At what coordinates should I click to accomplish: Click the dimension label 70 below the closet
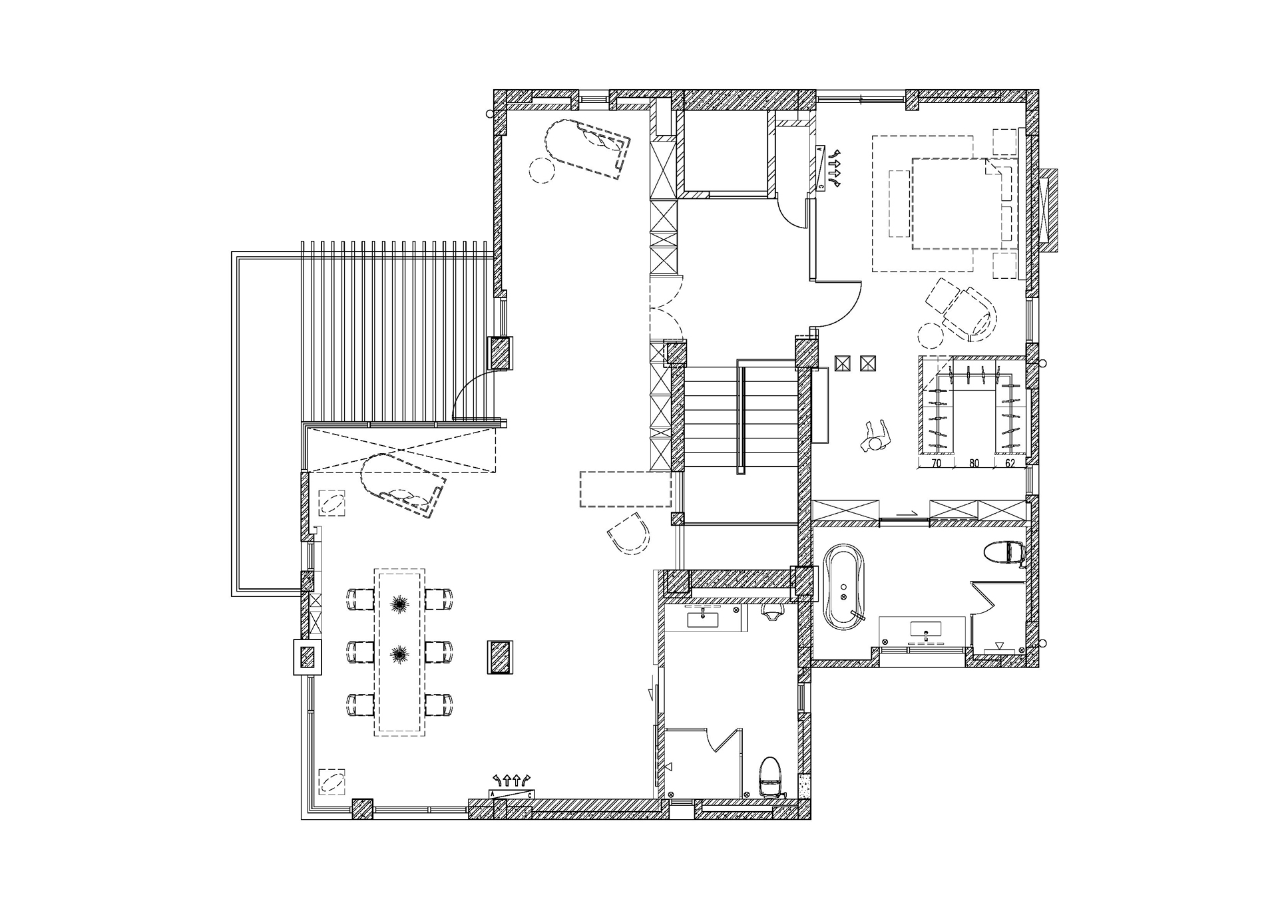(x=936, y=464)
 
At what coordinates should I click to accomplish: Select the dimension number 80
(x=974, y=464)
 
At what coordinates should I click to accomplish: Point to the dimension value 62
(x=1010, y=464)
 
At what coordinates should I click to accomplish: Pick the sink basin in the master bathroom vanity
(x=925, y=630)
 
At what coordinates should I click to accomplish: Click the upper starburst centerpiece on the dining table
(x=399, y=604)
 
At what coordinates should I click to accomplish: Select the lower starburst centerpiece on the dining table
(x=399, y=654)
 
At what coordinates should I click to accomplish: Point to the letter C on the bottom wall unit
(x=529, y=795)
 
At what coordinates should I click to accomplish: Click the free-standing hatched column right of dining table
(x=500, y=657)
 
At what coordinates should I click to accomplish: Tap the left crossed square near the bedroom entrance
(x=843, y=363)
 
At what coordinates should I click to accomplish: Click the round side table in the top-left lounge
(x=541, y=170)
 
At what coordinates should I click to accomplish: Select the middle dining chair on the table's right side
(x=439, y=652)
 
